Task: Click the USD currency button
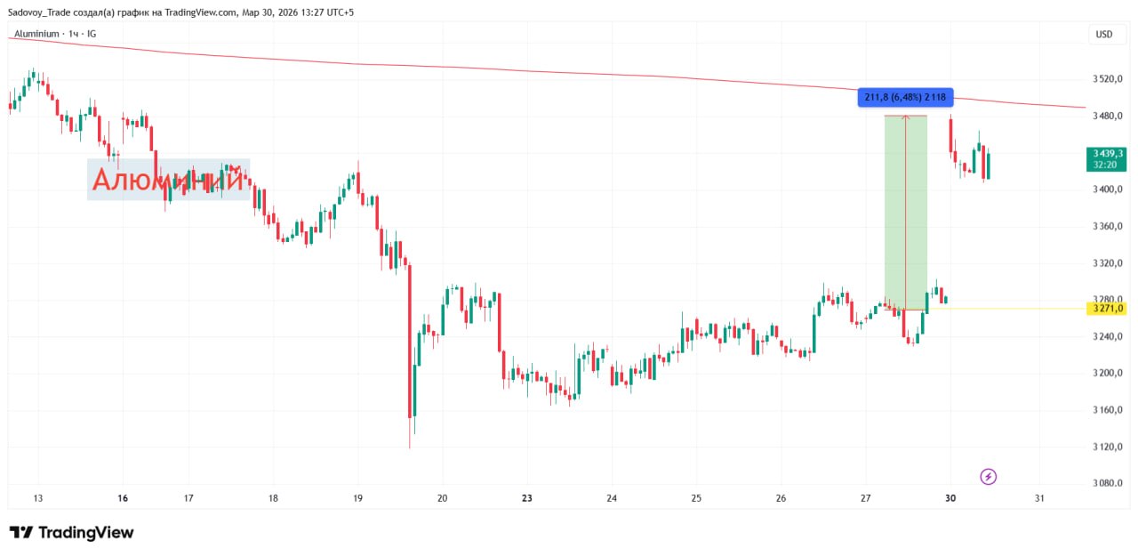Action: tap(1103, 35)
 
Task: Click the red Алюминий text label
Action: tap(168, 180)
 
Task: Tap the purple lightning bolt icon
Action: tap(988, 477)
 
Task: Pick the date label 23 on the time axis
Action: tap(527, 498)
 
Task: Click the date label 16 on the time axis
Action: tap(123, 498)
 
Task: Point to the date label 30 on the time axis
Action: tap(950, 498)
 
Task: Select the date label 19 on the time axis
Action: tap(357, 498)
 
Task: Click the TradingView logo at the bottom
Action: tap(72, 533)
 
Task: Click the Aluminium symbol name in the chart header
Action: tap(37, 34)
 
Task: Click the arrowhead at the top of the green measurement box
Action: tap(905, 117)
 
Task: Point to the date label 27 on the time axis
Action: tap(865, 498)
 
